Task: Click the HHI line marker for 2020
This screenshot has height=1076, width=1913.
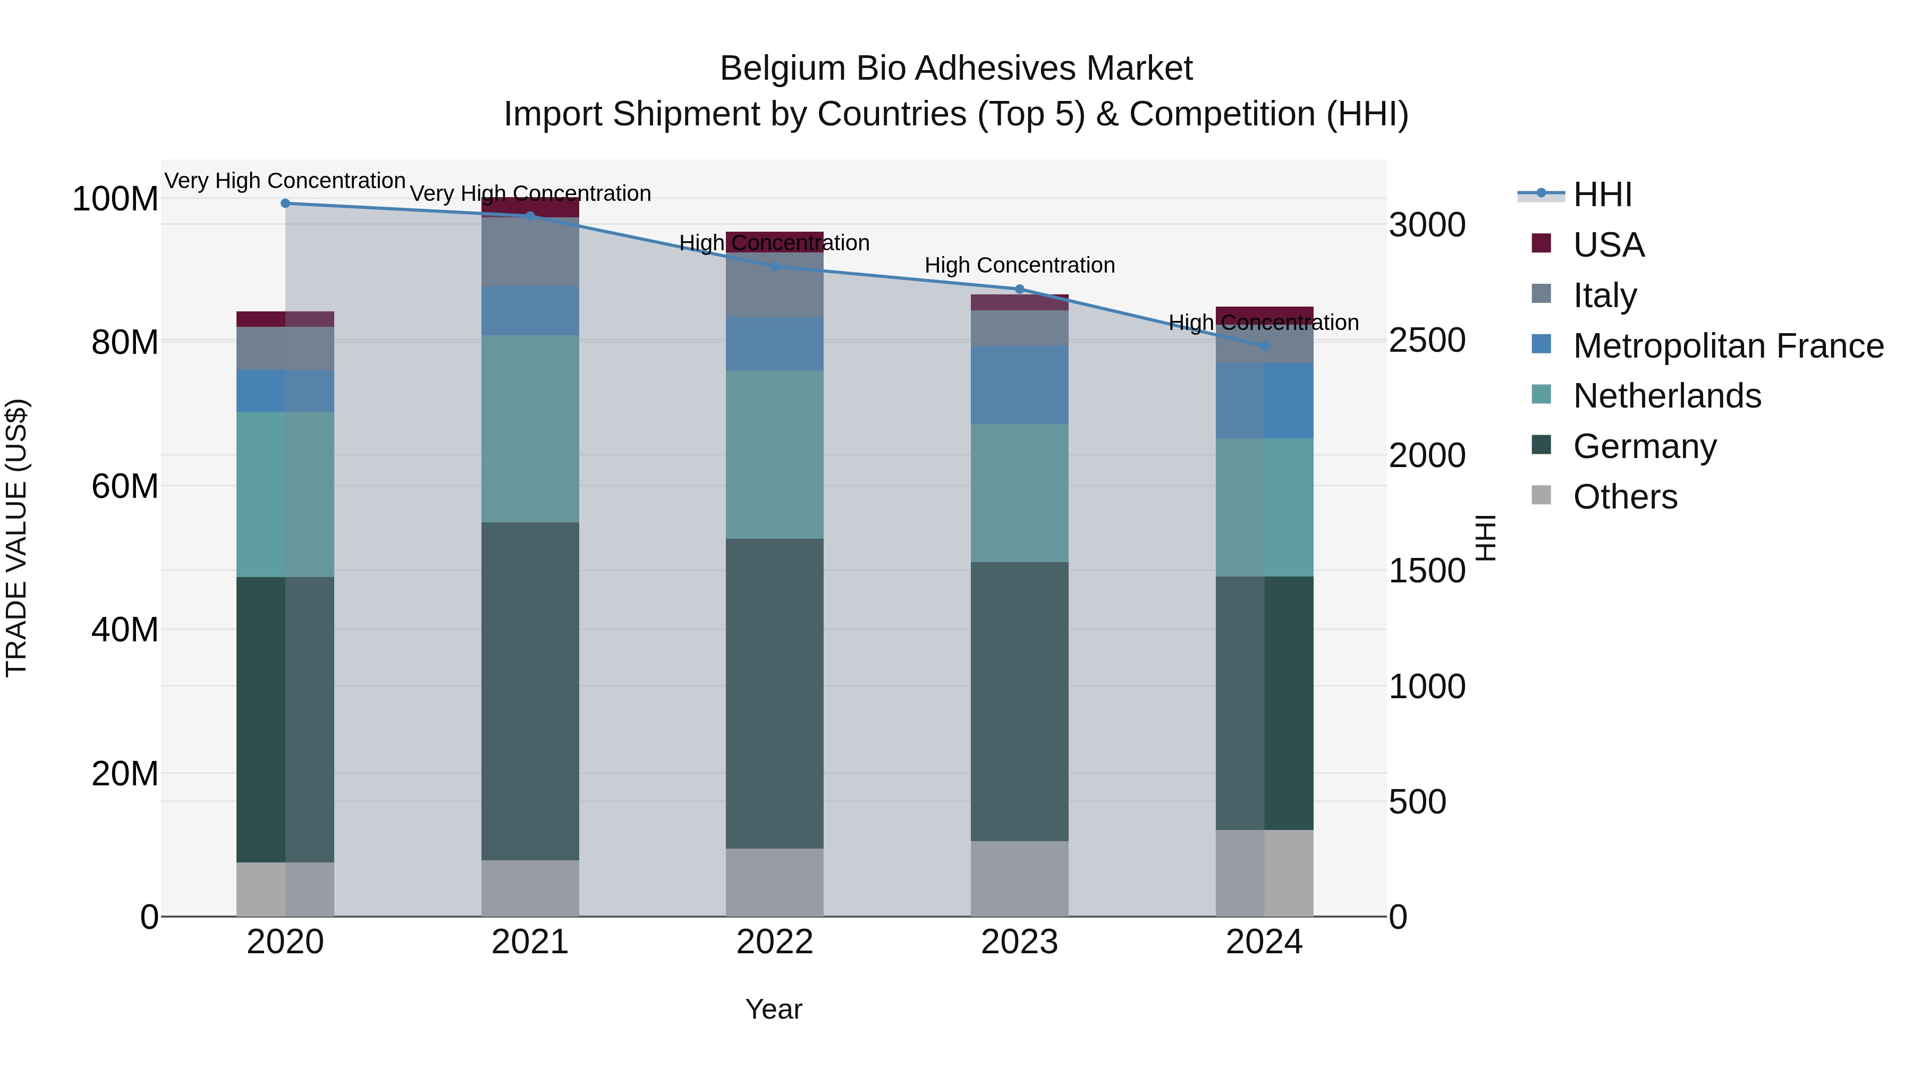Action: pyautogui.click(x=285, y=204)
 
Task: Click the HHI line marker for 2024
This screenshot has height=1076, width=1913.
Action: pyautogui.click(x=1265, y=346)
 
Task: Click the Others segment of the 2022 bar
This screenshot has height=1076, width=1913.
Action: pyautogui.click(x=775, y=882)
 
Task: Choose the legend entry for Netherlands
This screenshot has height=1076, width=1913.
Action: pyautogui.click(x=1667, y=396)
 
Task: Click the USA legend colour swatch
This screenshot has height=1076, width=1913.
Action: pyautogui.click(x=1542, y=243)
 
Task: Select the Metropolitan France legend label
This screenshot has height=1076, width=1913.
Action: pyautogui.click(x=1728, y=346)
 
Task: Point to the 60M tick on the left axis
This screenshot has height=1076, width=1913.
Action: pyautogui.click(x=125, y=486)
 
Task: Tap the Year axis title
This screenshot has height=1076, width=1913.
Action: pyautogui.click(x=774, y=1009)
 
